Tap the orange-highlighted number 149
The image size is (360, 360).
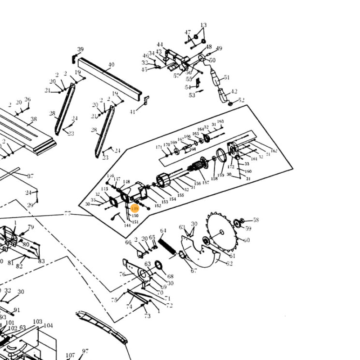135,209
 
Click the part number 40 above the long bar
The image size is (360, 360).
111,65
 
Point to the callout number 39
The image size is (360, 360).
80,49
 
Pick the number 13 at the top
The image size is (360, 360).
203,26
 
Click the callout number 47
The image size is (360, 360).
188,32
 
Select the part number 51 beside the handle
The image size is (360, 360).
227,77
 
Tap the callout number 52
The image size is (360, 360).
241,100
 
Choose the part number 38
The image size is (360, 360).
33,120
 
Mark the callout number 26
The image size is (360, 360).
27,99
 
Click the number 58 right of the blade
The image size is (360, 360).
256,220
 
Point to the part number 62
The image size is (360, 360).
229,263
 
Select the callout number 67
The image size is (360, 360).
193,270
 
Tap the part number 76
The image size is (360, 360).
122,274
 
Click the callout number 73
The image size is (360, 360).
147,316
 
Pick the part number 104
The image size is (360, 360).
48,325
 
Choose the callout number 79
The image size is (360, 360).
31,227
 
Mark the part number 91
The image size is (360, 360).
17,310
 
